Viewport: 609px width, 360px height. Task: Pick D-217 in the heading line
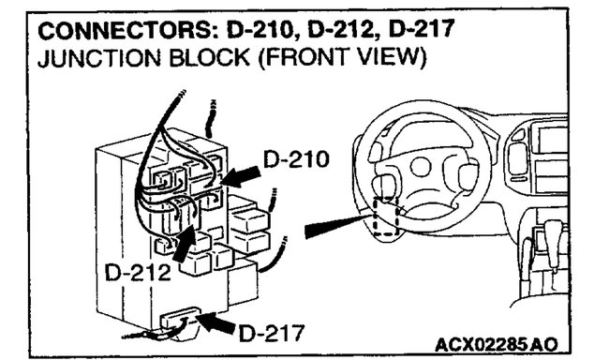pos(410,30)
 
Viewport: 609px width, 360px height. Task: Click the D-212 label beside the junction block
pos(138,273)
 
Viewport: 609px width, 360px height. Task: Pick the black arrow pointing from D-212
pos(184,242)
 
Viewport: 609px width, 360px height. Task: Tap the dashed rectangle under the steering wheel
pos(385,218)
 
